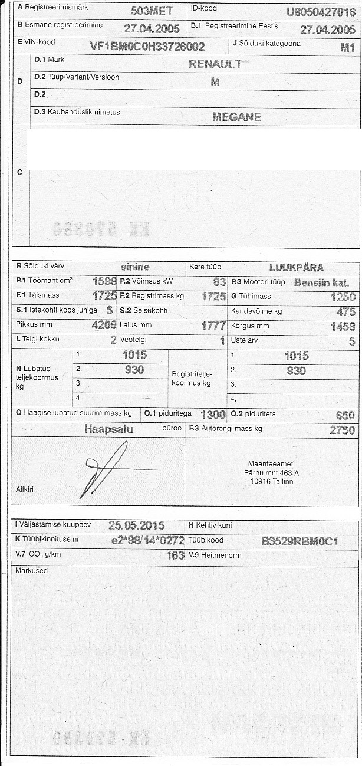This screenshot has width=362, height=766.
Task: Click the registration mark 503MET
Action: pos(152,11)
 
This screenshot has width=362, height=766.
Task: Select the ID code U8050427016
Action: pos(321,12)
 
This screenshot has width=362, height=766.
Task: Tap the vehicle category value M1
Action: pos(347,48)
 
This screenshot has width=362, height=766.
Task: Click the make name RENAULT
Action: pos(215,64)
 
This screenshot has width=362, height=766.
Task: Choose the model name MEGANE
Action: pos(236,117)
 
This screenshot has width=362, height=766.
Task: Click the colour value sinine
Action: pos(135,267)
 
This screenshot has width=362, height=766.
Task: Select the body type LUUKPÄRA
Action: pos(296,267)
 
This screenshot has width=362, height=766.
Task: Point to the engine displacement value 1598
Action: pos(105,282)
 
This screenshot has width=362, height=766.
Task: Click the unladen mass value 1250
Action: pos(344,297)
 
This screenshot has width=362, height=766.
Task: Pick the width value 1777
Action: pos(213,326)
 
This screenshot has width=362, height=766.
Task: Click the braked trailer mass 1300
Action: pos(213,414)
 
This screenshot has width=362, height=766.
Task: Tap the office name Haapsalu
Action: pos(109,429)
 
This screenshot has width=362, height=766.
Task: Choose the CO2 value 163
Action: pos(176,555)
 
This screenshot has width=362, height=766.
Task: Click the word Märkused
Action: pos(31,570)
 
